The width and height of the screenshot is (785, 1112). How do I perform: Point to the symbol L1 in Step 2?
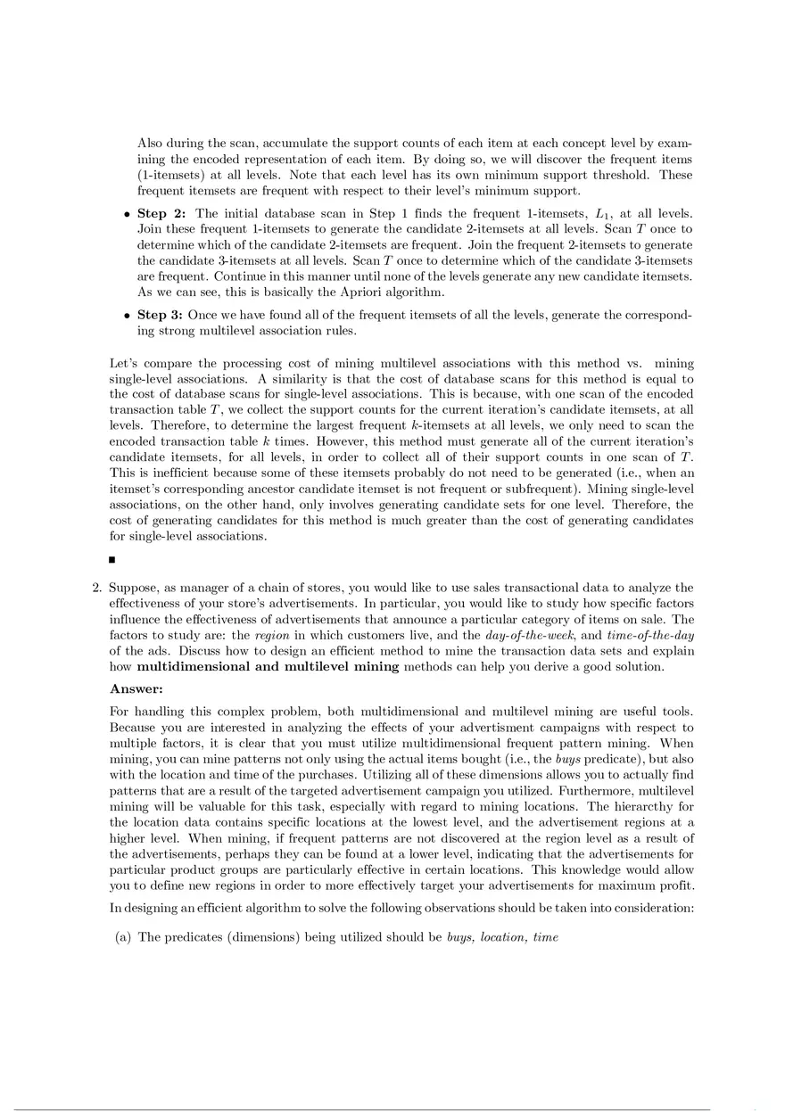tap(599, 214)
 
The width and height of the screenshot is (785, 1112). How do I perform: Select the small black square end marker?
tap(112, 560)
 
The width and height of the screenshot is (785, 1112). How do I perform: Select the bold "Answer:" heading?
tap(135, 688)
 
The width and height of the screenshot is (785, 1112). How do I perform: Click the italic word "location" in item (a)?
tap(503, 937)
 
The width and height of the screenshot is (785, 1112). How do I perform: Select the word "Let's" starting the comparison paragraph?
tap(123, 364)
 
